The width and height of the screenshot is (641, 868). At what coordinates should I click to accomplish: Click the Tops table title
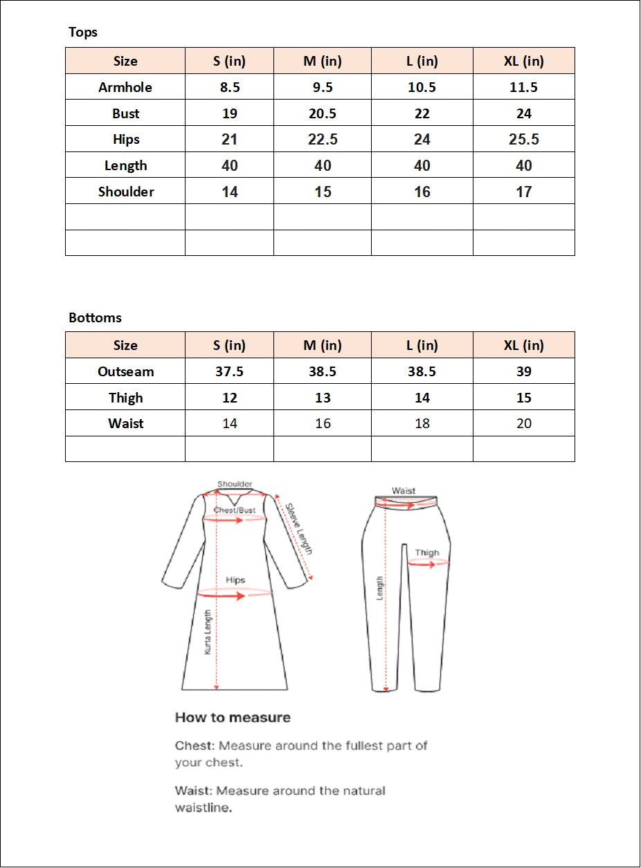(x=83, y=33)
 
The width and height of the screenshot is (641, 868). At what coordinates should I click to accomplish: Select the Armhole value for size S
(x=230, y=87)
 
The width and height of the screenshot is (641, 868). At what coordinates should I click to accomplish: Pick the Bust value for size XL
(x=524, y=113)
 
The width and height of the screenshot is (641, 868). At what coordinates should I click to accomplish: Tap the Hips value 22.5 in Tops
(x=323, y=140)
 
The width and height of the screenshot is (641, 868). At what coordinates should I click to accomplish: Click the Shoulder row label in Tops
(x=126, y=192)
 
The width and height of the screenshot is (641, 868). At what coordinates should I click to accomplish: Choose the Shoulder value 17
(x=524, y=192)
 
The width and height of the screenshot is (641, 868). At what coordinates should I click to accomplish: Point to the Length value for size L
(x=422, y=166)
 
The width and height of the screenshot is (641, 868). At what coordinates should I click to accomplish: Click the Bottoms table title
(x=95, y=318)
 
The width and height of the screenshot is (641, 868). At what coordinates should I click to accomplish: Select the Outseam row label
(x=126, y=372)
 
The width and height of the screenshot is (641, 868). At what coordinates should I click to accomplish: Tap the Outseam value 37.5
(x=230, y=372)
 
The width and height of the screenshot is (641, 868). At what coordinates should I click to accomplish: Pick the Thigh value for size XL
(x=524, y=398)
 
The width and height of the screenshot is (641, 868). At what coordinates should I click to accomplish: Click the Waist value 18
(x=422, y=423)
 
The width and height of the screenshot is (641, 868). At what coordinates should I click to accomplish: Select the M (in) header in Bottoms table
(x=323, y=345)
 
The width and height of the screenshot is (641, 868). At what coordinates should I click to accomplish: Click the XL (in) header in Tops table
(x=524, y=61)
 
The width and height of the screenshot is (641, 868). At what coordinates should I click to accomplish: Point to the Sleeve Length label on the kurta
(x=300, y=529)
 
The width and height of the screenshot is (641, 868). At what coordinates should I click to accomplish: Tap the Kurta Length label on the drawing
(x=207, y=632)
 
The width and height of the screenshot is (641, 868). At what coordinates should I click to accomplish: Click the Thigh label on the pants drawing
(x=427, y=553)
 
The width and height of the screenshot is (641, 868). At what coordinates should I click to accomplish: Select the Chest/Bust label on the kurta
(x=235, y=510)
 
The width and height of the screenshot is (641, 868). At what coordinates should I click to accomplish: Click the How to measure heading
(x=233, y=717)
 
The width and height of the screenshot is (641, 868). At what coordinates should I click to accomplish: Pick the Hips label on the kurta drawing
(x=235, y=580)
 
